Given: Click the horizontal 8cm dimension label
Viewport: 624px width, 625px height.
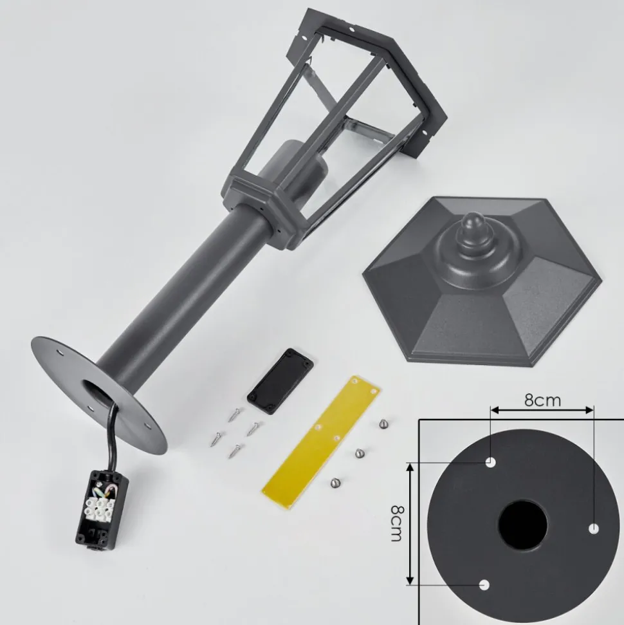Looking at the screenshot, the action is click(542, 400).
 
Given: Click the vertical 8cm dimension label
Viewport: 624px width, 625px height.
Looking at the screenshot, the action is click(397, 523).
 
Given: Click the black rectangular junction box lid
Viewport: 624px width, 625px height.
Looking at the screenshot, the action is click(280, 382).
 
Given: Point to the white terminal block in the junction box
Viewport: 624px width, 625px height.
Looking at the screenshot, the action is click(99, 507).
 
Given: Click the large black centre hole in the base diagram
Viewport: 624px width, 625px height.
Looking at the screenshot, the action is click(523, 525).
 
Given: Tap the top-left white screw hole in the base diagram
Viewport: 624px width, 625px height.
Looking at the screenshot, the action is click(490, 462).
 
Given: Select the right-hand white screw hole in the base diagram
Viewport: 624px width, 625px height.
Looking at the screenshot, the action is click(594, 529).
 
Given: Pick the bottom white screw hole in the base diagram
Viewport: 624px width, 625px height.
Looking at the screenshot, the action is click(484, 585).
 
